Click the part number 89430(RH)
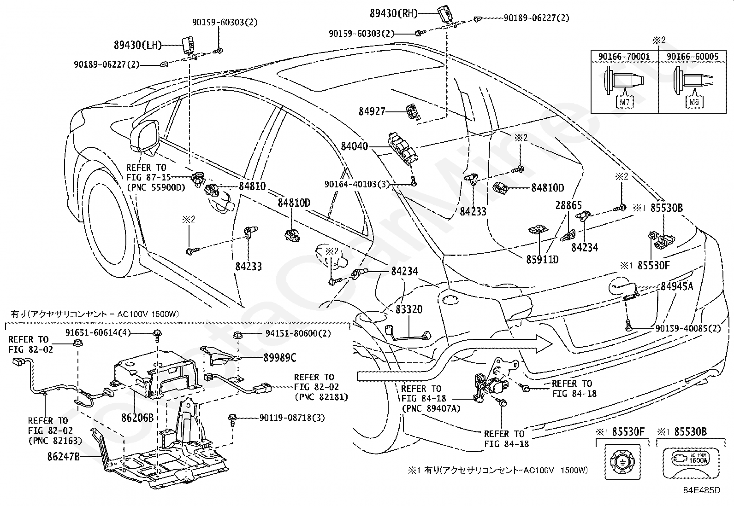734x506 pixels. [x=394, y=13]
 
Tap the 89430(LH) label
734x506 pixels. [x=138, y=45]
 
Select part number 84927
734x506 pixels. [x=372, y=111]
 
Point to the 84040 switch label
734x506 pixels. [x=354, y=146]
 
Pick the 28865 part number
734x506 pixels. [x=568, y=205]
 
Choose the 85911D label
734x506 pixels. [x=542, y=260]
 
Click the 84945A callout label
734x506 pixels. [x=677, y=286]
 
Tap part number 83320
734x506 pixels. [x=409, y=309]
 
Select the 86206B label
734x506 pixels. [x=137, y=418]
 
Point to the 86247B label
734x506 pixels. [x=64, y=457]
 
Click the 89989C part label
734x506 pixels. [x=280, y=358]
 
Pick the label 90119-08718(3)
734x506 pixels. [x=292, y=418]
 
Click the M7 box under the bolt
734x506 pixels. [x=625, y=102]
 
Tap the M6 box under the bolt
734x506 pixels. [x=694, y=102]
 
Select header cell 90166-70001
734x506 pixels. [x=624, y=57]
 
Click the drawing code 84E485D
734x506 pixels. [x=702, y=490]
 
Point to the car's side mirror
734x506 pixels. [x=144, y=138]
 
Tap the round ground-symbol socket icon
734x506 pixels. [x=622, y=462]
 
